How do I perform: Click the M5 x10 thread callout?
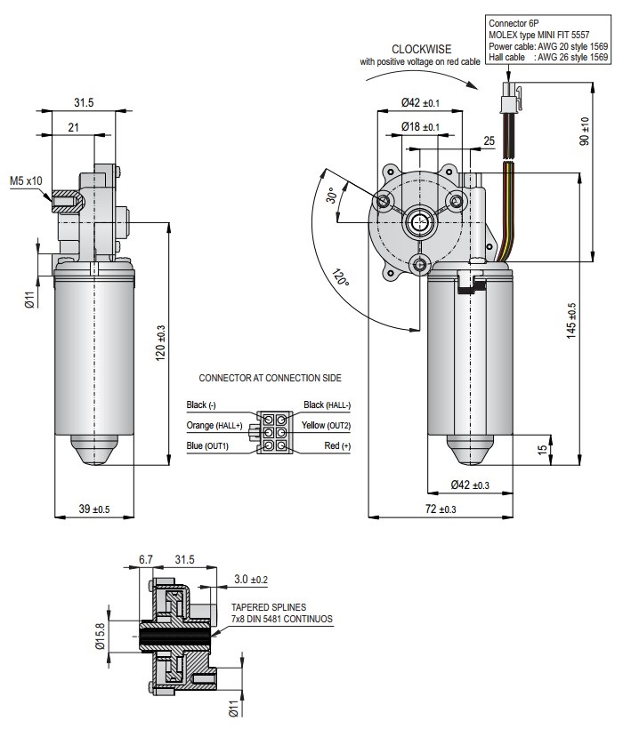click(26, 180)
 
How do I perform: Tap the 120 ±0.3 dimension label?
click(160, 343)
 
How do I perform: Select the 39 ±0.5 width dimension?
click(94, 509)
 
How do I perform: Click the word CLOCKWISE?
click(422, 49)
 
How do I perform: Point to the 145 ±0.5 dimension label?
click(571, 321)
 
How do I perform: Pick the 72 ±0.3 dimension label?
click(441, 509)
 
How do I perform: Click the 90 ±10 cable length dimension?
click(585, 131)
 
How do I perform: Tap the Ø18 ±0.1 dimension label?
click(421, 126)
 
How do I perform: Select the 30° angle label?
click(332, 196)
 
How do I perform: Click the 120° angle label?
click(340, 277)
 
